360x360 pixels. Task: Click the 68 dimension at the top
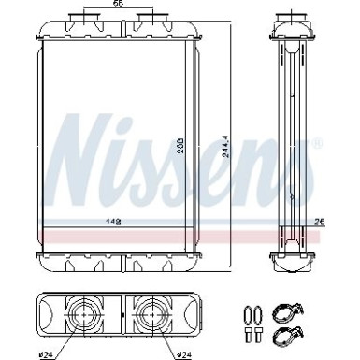119,3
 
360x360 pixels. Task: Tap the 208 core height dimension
180,146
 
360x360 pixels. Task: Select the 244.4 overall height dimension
225,146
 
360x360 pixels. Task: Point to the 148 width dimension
113,222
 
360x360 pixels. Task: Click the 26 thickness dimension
320,222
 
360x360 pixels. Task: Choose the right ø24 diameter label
185,354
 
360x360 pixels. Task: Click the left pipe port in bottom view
84,315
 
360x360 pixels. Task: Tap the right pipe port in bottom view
152,315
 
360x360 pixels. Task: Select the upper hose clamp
287,312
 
